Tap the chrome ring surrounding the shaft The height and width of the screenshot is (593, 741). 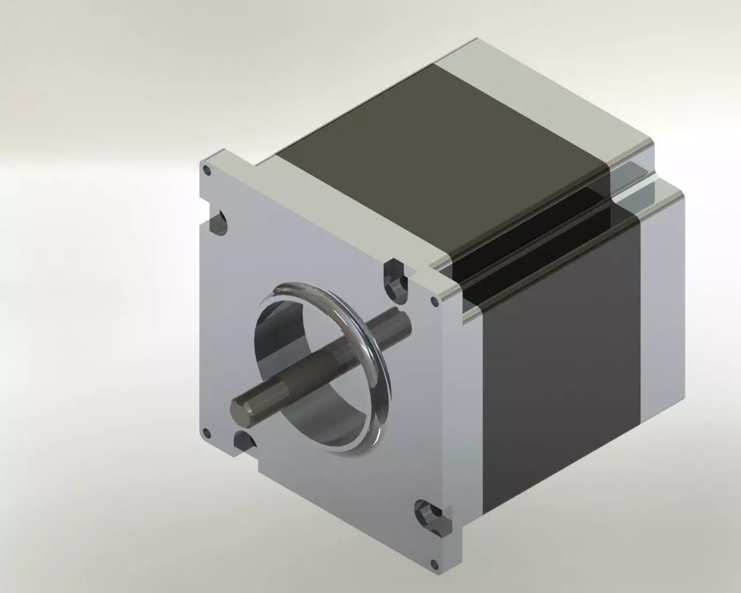click(379, 371)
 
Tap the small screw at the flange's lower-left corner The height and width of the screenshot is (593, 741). click(204, 432)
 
